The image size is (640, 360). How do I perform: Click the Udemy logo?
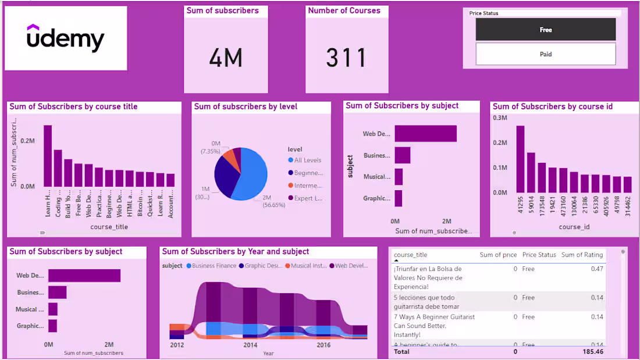[66, 38]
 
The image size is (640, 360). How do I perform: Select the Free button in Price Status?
[545, 30]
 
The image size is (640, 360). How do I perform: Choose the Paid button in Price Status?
[545, 54]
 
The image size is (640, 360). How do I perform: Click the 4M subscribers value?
[226, 58]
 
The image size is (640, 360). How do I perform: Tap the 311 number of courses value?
[347, 58]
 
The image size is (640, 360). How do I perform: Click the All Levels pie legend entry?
[307, 160]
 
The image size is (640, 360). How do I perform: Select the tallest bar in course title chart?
[48, 156]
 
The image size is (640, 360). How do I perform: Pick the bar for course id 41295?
[520, 159]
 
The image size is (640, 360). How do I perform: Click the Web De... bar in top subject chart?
[425, 134]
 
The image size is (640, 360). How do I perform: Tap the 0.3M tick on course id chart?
[500, 118]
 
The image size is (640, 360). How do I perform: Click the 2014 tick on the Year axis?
[250, 345]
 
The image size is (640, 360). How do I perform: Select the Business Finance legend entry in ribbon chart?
[211, 266]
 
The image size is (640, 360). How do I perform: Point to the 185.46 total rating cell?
[593, 352]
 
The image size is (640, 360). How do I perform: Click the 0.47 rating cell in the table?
[597, 269]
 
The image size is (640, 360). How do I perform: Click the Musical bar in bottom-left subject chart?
[53, 309]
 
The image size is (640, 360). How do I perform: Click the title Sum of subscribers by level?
[246, 106]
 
